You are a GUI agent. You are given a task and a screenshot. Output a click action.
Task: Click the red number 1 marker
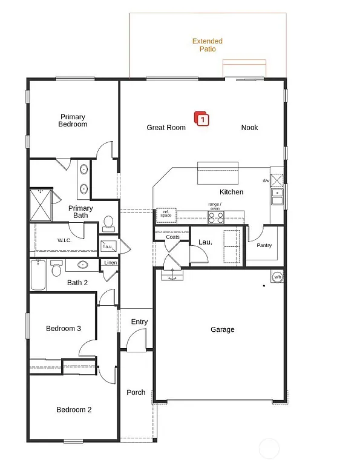[201, 119]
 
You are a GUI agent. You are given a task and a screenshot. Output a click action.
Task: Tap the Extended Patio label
[208, 45]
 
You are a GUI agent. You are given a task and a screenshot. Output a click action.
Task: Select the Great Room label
[166, 128]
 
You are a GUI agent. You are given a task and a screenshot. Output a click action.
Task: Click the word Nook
[249, 128]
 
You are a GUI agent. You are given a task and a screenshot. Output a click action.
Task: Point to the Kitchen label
[231, 192]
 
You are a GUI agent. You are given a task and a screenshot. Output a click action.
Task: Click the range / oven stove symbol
[215, 217]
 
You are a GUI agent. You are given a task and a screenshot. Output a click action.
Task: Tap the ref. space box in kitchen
[166, 214]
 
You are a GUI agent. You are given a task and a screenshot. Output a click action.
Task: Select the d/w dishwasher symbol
[277, 180]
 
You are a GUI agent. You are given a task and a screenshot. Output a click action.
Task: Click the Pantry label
[264, 245]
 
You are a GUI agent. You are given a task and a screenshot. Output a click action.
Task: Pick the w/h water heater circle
[277, 277]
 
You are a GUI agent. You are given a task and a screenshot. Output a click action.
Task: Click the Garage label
[222, 330]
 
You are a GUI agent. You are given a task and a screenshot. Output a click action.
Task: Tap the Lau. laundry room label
[205, 242]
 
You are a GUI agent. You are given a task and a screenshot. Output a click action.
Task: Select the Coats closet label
[172, 237]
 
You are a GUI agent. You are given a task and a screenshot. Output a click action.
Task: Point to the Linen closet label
[110, 263]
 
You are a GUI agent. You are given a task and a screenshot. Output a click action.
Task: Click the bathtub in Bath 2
[38, 275]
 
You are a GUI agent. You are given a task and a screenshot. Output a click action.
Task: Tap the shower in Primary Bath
[41, 205]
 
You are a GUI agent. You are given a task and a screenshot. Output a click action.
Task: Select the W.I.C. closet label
[65, 240]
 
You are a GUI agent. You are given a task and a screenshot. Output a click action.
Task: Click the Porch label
[136, 392]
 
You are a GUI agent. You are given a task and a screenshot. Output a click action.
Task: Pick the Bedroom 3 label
[64, 329]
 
